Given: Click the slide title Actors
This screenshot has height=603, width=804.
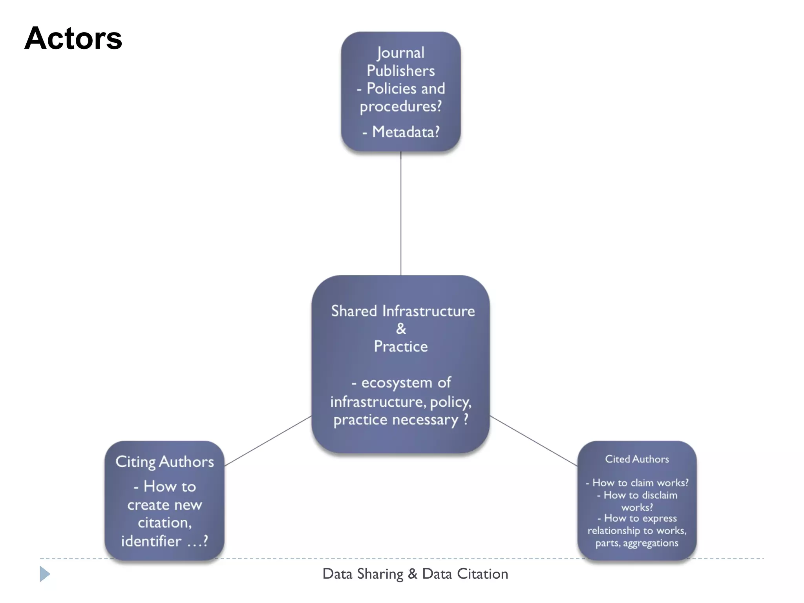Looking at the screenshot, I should coord(73,38).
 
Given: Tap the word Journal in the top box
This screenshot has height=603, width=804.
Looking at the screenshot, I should coord(400,53).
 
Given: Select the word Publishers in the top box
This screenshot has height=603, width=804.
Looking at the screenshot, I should coord(400,71).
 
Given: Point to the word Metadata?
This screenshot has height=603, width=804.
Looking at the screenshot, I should coord(406,132).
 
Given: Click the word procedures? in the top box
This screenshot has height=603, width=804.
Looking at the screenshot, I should coord(400,106).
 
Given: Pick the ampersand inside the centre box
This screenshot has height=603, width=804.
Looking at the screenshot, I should coord(401,329).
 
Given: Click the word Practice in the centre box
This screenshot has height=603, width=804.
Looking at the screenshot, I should coord(401,347).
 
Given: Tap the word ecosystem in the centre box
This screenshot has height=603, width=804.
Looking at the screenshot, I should coord(397,383).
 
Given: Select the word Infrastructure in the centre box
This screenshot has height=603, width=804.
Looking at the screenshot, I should coord(429,311).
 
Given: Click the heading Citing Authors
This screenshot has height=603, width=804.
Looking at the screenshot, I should coord(164,462).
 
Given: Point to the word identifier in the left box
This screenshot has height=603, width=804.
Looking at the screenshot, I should coord(151,541).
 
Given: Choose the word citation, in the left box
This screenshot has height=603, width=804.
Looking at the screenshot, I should coord(164,523).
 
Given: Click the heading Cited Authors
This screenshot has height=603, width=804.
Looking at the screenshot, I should coord(637,459).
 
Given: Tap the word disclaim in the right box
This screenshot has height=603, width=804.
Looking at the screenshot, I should coord(660,495).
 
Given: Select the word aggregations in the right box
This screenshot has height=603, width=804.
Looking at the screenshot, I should coord(651,543).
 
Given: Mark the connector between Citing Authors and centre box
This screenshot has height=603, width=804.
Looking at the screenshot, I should coord(268,441).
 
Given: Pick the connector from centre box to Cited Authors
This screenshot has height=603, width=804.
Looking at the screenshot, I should coord(534,441).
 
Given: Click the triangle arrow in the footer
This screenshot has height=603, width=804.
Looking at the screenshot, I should coord(45,574).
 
